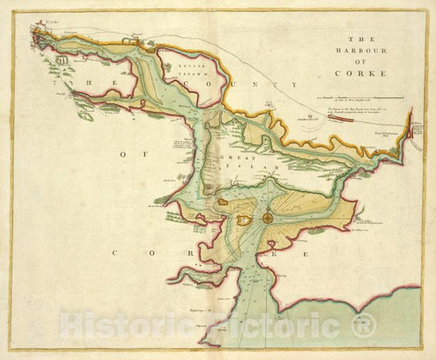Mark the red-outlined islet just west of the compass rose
pos(242,221)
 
